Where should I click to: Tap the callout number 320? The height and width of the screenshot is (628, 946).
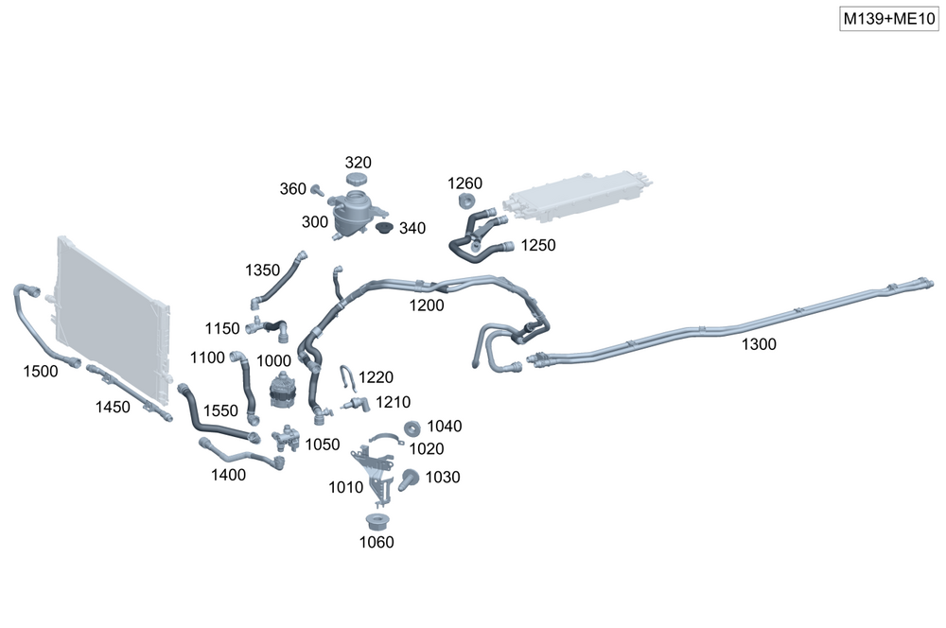pos(358,162)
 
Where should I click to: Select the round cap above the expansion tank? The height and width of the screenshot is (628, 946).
pos(357,180)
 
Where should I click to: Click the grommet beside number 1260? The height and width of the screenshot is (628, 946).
pos(465,201)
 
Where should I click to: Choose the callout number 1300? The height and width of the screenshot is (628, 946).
pos(759,344)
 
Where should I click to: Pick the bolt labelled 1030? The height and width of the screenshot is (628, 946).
pos(410,479)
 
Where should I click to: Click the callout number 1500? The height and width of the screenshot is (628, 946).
pos(41,372)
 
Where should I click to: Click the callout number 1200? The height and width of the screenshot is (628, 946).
pos(427,305)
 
